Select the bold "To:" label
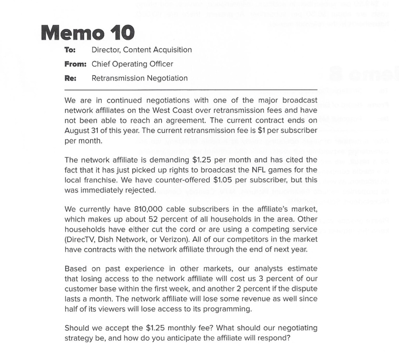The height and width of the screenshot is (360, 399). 70,50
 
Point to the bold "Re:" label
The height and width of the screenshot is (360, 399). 70,78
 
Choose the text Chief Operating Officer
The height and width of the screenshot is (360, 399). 132,64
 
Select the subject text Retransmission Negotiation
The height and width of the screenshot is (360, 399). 139,78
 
